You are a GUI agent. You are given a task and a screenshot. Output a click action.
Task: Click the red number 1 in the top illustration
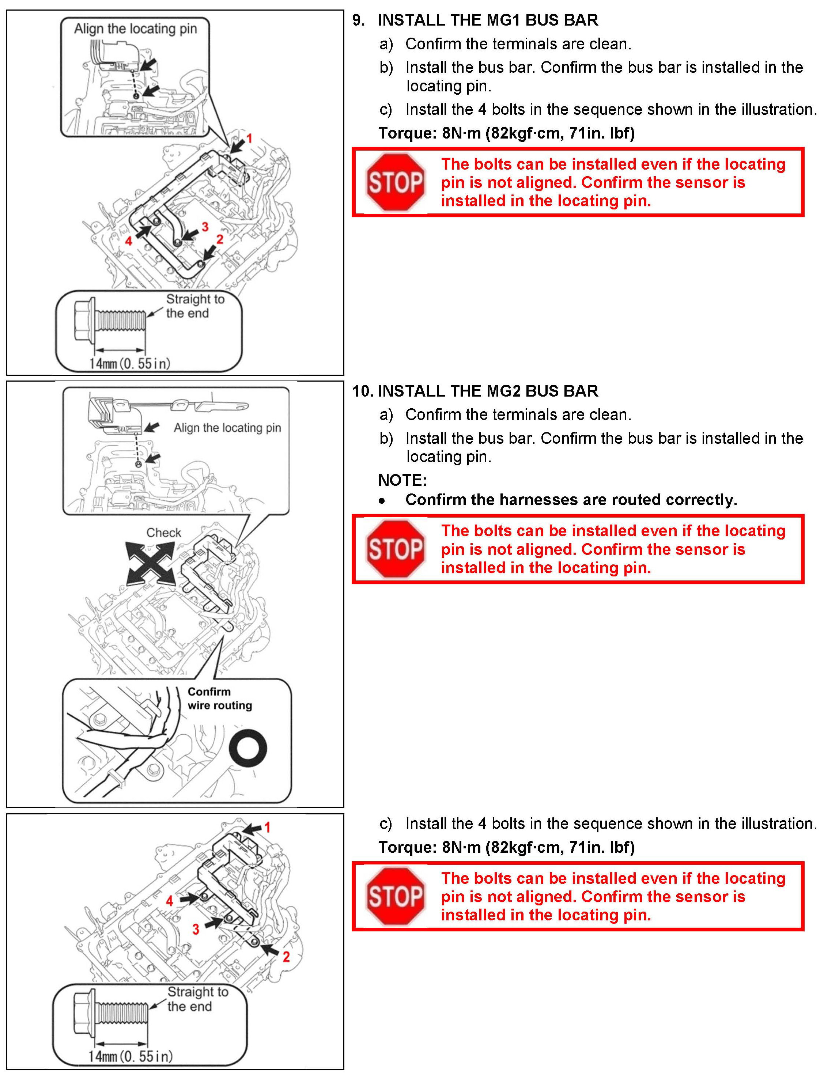pos(249,139)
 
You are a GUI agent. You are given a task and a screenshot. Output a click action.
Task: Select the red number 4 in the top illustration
pos(129,241)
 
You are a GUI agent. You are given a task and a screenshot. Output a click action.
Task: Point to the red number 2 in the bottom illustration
pos(286,956)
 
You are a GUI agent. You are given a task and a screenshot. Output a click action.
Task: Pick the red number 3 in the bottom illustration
pos(196,928)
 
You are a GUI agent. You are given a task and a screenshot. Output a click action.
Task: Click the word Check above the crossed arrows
pos(163,533)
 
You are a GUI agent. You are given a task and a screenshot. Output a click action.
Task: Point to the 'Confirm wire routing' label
pos(220,699)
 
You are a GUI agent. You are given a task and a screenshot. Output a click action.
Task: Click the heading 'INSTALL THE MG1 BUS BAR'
pos(488,20)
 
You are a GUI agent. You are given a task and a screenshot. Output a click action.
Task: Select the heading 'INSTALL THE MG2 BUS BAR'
pos(488,391)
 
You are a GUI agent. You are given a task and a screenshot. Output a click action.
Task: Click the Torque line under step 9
pos(506,133)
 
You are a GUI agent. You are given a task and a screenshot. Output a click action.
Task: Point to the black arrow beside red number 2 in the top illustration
pos(209,253)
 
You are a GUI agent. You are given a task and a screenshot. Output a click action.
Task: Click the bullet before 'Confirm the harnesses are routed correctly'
pos(382,501)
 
